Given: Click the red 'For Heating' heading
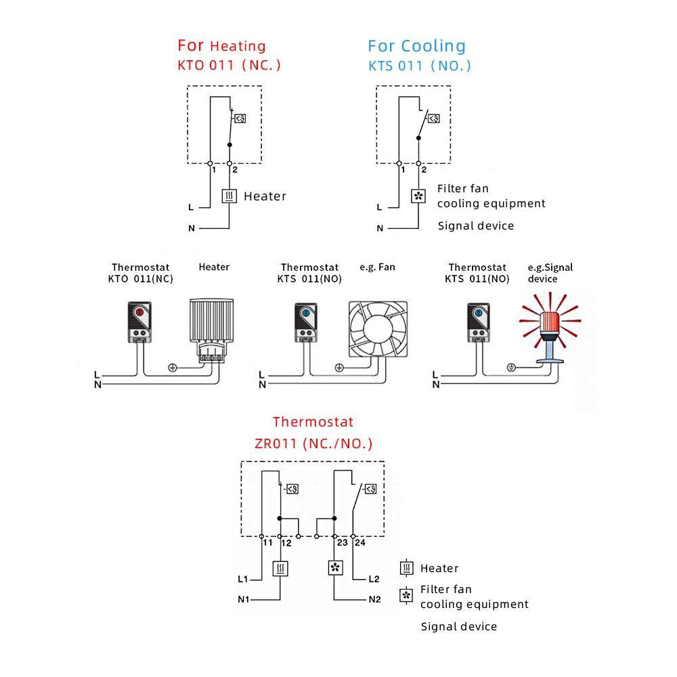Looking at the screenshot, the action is tap(221, 45).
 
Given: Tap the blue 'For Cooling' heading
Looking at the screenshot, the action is tap(416, 46).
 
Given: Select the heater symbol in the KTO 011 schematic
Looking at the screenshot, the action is tap(230, 196).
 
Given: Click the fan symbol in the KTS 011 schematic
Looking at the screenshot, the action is tap(418, 196).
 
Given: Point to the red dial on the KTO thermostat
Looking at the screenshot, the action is tap(139, 311).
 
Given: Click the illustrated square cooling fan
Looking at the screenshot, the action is tap(378, 330).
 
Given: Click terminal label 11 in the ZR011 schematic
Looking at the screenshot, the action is tap(267, 543).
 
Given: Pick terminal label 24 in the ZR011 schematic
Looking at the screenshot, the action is tap(359, 543).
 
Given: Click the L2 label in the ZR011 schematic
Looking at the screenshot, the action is tap(374, 579).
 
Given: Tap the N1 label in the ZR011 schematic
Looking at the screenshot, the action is tap(244, 599).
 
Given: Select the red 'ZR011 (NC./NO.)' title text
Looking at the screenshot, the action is tap(313, 443).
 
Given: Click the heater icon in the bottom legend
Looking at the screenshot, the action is tap(406, 568).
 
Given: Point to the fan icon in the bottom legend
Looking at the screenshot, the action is tap(406, 596).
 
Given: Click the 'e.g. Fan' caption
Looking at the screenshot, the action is tap(377, 267).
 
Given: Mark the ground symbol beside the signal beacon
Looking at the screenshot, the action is tap(510, 368).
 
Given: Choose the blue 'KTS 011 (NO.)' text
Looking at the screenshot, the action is tap(419, 66).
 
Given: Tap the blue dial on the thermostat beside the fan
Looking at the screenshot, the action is tap(306, 313).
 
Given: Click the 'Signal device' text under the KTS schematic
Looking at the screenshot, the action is tap(476, 226).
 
